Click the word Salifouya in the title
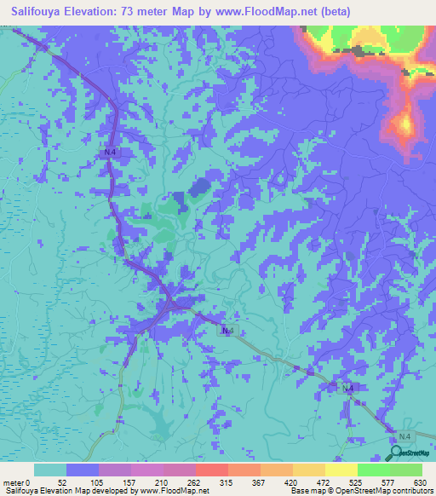pos(41,12)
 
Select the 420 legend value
pos(292,482)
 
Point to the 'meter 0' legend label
pos(17,482)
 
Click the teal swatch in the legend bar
pos(50,470)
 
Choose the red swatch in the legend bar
pos(211,470)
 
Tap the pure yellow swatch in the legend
pos(341,470)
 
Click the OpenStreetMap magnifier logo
pos(397,453)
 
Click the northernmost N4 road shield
pos(107,152)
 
